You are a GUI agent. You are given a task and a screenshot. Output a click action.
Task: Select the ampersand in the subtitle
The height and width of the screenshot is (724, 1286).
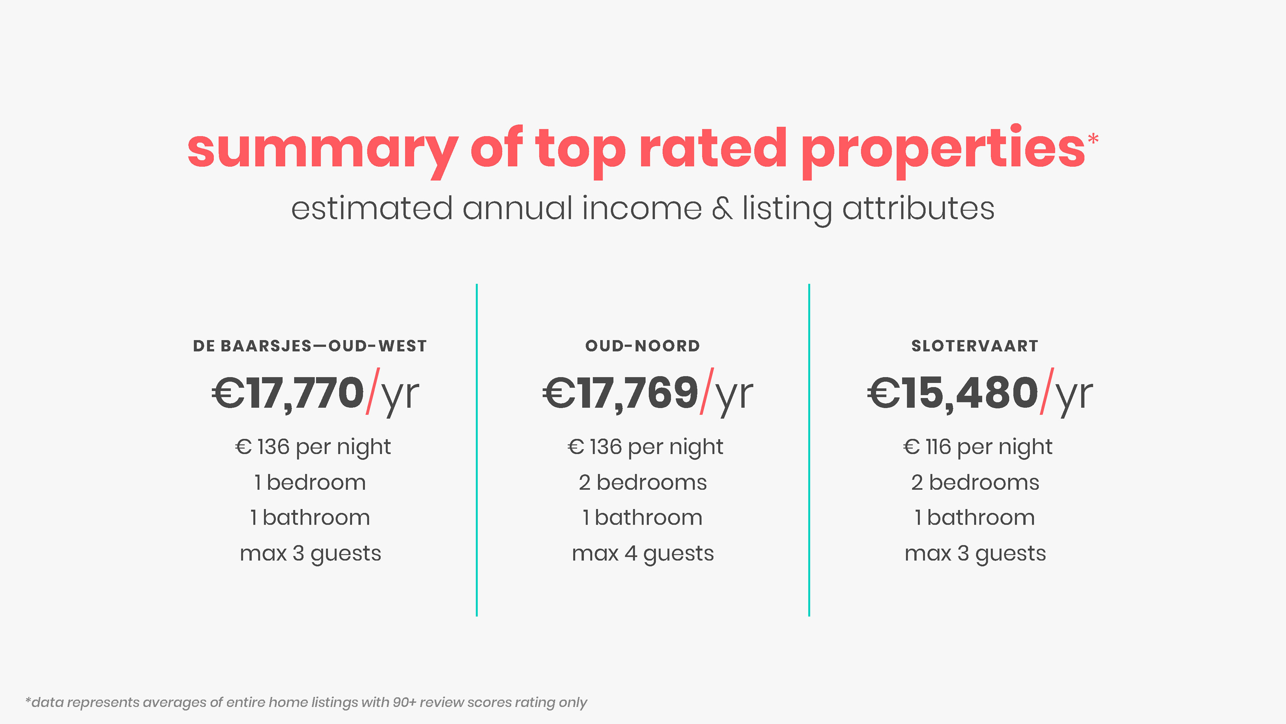722,209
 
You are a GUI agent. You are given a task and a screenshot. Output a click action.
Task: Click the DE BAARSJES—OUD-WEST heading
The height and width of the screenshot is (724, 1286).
309,346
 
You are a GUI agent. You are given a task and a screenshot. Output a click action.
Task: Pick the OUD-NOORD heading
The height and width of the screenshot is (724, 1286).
643,346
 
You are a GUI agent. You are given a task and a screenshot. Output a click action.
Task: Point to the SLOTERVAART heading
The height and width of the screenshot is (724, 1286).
975,346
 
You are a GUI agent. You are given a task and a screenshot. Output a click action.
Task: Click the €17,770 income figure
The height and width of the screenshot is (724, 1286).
288,393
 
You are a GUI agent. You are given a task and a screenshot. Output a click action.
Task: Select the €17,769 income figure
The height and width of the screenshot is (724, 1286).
621,393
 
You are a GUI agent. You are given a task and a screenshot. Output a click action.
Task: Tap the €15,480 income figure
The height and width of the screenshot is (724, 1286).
952,393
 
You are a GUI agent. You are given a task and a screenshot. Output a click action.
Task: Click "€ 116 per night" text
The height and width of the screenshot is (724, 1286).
978,447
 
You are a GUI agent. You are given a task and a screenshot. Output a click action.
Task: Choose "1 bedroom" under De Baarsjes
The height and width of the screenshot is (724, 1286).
310,483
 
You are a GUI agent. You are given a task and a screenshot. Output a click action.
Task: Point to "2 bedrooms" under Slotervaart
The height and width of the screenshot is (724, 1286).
975,483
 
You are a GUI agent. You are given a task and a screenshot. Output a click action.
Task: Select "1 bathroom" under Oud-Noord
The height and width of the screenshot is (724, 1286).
643,518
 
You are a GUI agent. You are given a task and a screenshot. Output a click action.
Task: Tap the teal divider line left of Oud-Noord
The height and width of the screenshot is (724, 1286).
477,450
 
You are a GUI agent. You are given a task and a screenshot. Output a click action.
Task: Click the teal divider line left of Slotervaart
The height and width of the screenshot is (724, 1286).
809,450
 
